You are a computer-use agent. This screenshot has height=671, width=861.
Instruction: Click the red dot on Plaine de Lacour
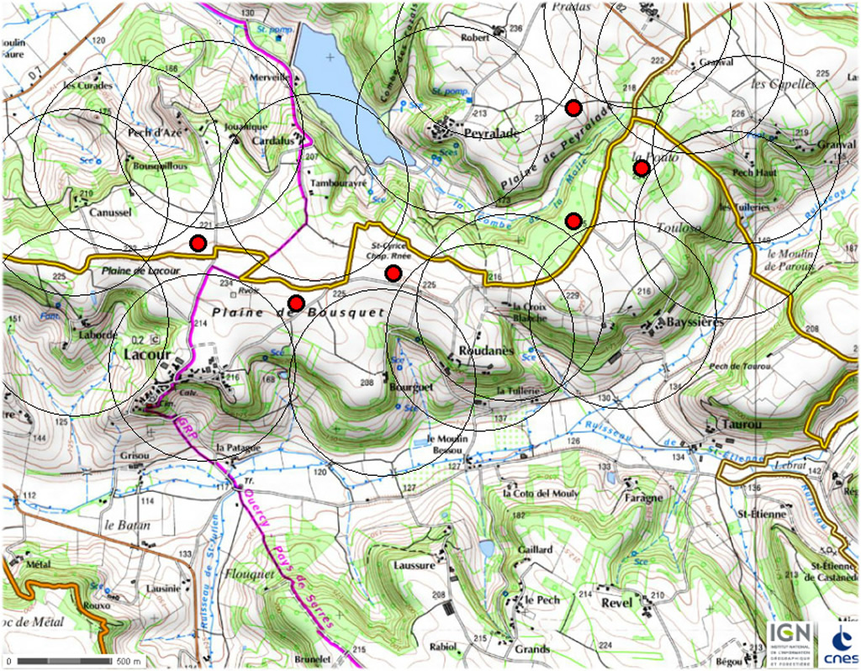click(198, 244)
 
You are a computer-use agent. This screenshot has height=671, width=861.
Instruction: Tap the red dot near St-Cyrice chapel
click(393, 272)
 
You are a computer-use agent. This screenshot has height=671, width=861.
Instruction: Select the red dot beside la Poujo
click(641, 169)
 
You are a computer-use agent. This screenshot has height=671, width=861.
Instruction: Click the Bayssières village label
click(694, 322)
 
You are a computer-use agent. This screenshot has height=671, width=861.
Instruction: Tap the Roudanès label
click(480, 351)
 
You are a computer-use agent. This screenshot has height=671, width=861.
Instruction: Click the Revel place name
click(615, 603)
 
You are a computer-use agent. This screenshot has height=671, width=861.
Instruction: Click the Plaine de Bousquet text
click(298, 312)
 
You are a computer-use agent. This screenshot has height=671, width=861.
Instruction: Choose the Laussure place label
click(414, 566)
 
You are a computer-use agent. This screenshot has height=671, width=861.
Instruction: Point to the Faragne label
click(643, 498)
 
